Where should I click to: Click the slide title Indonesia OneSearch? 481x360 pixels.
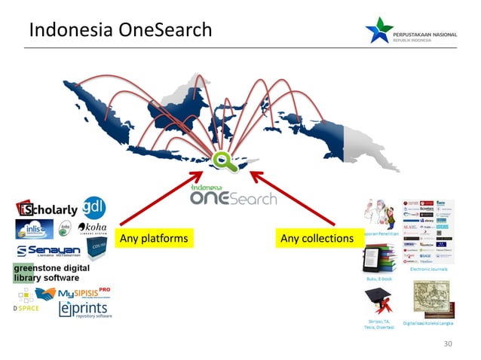pyautogui.click(x=120, y=31)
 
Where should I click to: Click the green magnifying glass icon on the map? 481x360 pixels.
pyautogui.click(x=222, y=160)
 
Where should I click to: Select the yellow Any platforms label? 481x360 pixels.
pyautogui.click(x=153, y=239)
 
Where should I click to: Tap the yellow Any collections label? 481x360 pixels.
pyautogui.click(x=316, y=239)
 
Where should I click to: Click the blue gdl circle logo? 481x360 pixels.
pyautogui.click(x=94, y=206)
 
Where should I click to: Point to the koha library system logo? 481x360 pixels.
pyautogui.click(x=91, y=228)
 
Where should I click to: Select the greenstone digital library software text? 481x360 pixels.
pyautogui.click(x=50, y=273)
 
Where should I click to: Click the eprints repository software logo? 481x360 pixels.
pyautogui.click(x=84, y=310)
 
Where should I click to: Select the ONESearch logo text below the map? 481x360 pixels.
pyautogui.click(x=233, y=197)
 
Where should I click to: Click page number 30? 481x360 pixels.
pyautogui.click(x=449, y=343)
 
